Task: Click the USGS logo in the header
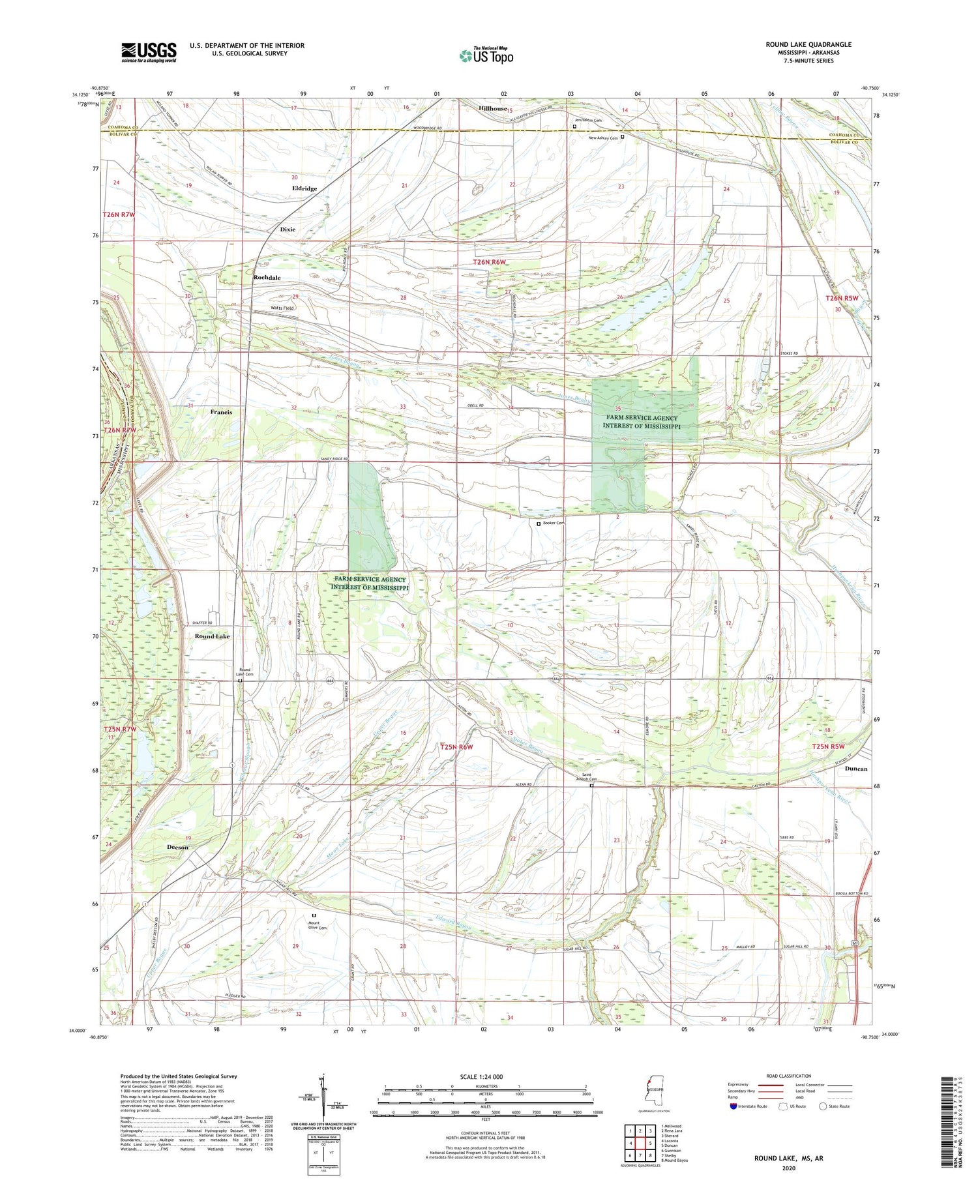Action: pyautogui.click(x=149, y=52)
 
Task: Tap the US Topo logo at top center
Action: pyautogui.click(x=486, y=55)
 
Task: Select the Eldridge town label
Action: pyautogui.click(x=304, y=188)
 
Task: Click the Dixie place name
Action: pyautogui.click(x=288, y=229)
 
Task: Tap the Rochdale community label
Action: pyautogui.click(x=267, y=278)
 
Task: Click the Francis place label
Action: pyautogui.click(x=221, y=412)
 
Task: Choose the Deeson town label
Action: pyautogui.click(x=177, y=848)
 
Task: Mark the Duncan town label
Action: pyautogui.click(x=855, y=769)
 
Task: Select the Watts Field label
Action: pyautogui.click(x=282, y=308)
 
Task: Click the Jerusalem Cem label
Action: pyautogui.click(x=589, y=120)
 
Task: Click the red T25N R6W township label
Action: pyautogui.click(x=456, y=747)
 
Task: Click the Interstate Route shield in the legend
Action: pyautogui.click(x=733, y=1106)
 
